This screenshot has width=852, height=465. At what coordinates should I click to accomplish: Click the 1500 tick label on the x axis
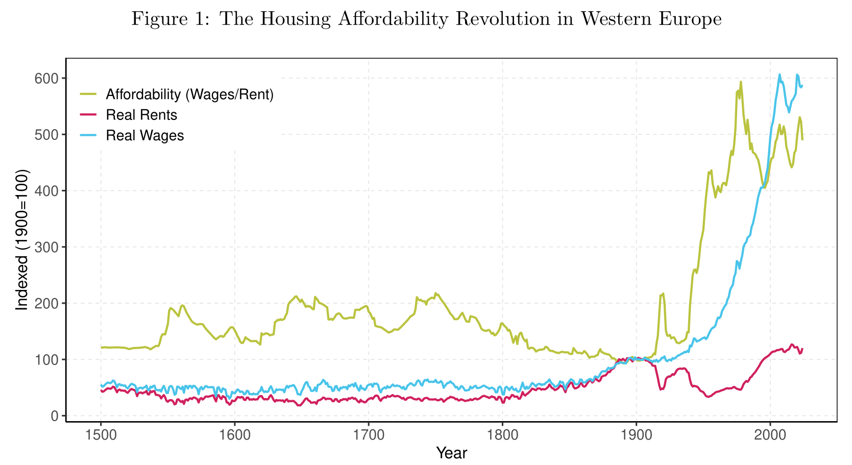pyautogui.click(x=101, y=435)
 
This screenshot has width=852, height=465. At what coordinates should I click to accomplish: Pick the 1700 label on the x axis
pyautogui.click(x=369, y=435)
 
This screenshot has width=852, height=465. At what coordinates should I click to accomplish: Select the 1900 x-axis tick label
pyautogui.click(x=636, y=435)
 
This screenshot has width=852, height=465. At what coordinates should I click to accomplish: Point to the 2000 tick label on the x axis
pyautogui.click(x=770, y=435)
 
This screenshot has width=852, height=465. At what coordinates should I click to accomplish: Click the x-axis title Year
pyautogui.click(x=452, y=453)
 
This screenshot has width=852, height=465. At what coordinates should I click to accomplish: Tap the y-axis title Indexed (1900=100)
pyautogui.click(x=22, y=240)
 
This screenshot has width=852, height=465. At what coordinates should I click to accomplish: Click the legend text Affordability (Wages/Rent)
pyautogui.click(x=190, y=94)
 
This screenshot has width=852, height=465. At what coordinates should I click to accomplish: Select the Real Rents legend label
pyautogui.click(x=141, y=115)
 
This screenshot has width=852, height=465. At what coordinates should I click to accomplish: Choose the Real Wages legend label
pyautogui.click(x=145, y=135)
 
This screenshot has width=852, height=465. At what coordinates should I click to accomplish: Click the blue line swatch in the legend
pyautogui.click(x=88, y=135)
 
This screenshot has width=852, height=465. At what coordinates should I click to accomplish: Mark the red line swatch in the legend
pyautogui.click(x=88, y=115)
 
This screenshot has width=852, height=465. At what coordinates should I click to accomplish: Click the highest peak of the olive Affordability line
pyautogui.click(x=741, y=82)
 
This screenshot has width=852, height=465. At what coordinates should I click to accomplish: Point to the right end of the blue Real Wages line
pyautogui.click(x=802, y=86)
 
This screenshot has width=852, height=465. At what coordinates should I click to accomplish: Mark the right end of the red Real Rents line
pyautogui.click(x=802, y=349)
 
